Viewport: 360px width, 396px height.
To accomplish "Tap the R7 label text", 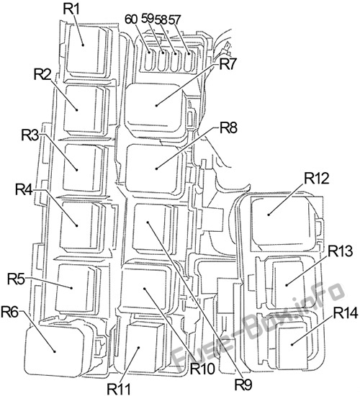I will coord(228,63).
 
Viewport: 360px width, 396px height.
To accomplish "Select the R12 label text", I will coord(317,178).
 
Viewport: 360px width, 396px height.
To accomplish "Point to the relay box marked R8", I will coord(156,168).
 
